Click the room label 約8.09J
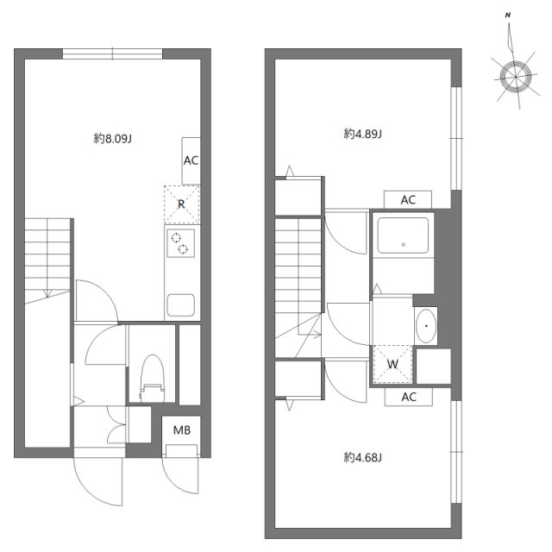pos(112,137)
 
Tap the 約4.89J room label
pos(362,134)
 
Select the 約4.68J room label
pos(362,457)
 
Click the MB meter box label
pos(182,430)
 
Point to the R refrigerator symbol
pos(181,204)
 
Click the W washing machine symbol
pos(392,363)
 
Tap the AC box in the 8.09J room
pos(191,160)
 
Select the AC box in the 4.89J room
pos(408,199)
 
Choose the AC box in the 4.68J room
pos(409,397)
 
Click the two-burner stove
pos(181,244)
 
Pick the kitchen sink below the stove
pos(181,305)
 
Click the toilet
pos(152,376)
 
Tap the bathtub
pos(403,235)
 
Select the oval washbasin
pos(425,326)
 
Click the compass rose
pos(515,75)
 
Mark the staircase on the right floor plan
pos(298,276)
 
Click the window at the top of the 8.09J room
pos(112,53)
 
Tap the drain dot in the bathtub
pos(403,245)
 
